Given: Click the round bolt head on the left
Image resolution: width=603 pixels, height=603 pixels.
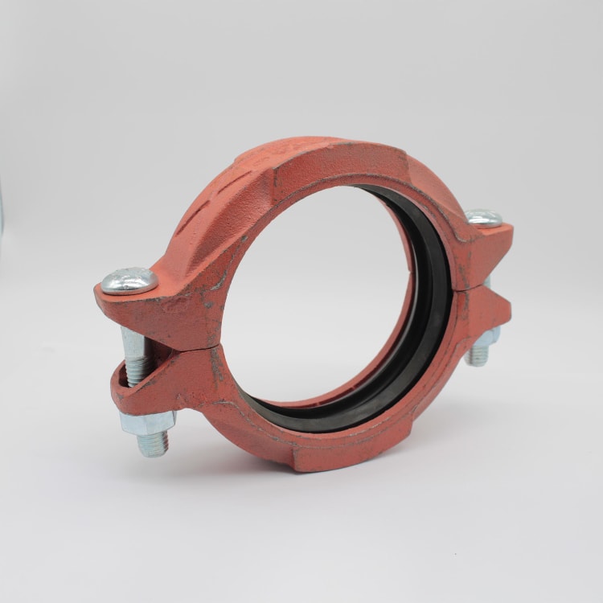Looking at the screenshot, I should point(129,280).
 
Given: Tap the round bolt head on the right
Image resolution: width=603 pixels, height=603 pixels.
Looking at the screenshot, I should point(484,218).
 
